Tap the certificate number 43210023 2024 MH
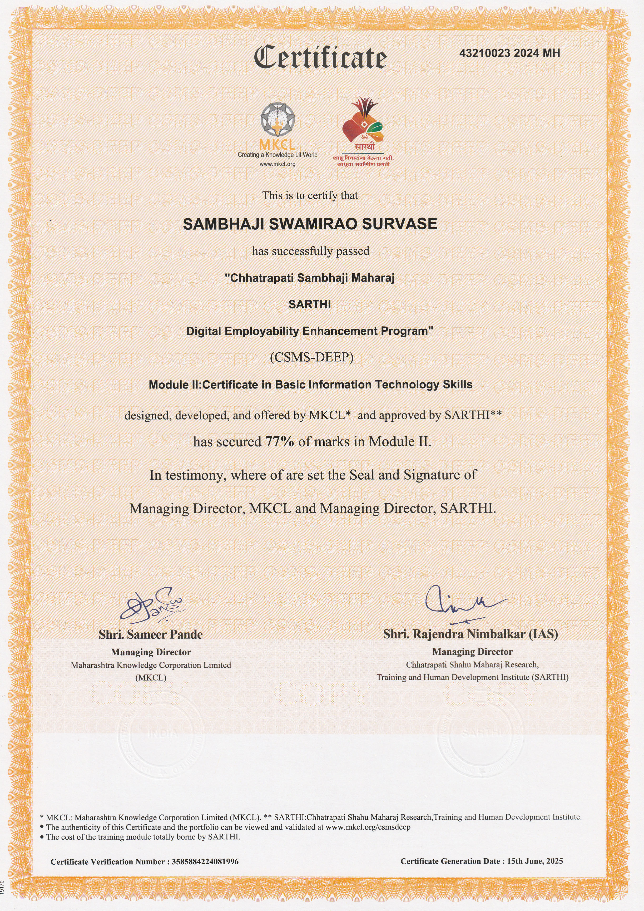coord(509,53)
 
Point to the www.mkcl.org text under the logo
coord(277,164)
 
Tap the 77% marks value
coord(280,441)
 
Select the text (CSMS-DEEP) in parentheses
coord(311,357)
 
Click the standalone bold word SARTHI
coord(310,304)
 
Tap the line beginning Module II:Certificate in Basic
coord(310,385)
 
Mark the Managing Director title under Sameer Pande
coord(151,652)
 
